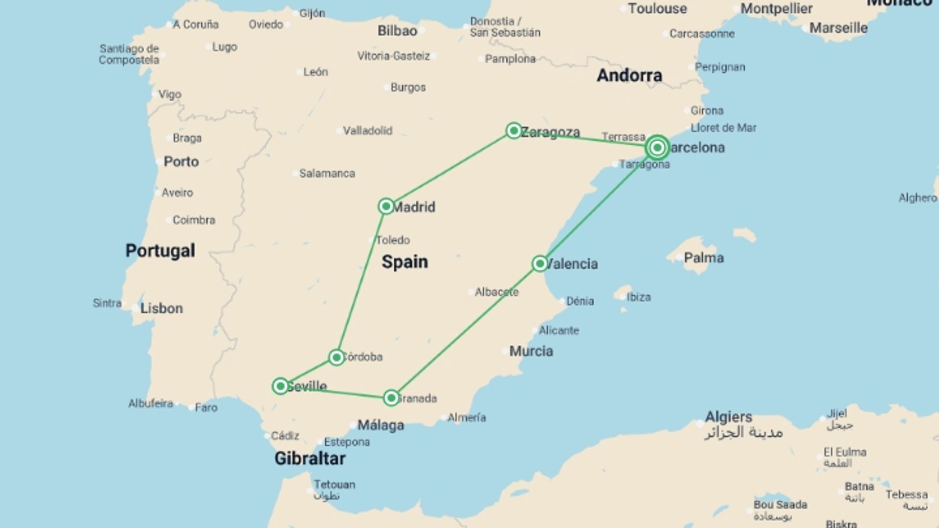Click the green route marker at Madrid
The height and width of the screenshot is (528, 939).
386,206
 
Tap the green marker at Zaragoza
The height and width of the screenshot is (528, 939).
514,131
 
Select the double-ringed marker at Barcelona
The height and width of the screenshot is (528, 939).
657,147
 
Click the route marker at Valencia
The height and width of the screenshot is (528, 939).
539,264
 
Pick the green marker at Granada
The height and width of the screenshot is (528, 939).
391,398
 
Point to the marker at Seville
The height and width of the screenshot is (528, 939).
280,386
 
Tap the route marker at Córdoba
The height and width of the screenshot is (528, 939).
336,357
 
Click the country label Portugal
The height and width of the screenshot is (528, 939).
160,251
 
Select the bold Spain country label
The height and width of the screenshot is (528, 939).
404,262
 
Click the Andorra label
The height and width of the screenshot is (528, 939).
629,75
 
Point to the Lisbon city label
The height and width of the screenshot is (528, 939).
161,308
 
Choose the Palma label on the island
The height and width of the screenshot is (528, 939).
703,258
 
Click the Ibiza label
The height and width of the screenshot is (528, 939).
638,297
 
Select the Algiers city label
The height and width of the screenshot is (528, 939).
728,417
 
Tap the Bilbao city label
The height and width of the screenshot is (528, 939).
397,31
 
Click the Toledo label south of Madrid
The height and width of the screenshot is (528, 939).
393,240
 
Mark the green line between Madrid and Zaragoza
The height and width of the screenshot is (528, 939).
450,169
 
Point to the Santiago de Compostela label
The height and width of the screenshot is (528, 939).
129,54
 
